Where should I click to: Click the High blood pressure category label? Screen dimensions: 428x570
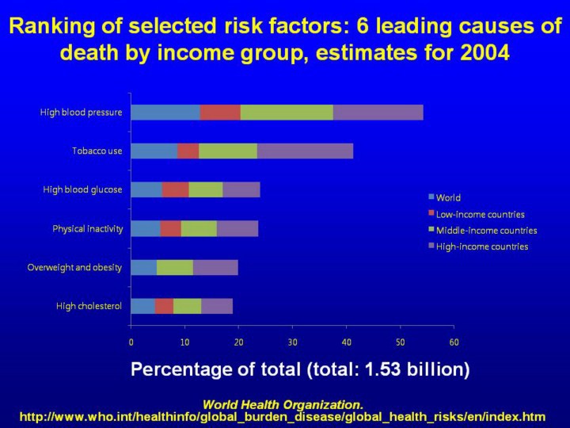click(82, 113)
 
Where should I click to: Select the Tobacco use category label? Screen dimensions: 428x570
click(97, 151)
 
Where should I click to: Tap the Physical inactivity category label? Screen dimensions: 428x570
click(87, 229)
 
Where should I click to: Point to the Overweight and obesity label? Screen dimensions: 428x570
click(74, 267)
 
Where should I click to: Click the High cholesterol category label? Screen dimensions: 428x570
click(89, 306)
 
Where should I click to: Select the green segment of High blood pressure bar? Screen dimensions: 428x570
click(287, 113)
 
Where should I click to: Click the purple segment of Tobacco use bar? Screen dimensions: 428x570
click(305, 151)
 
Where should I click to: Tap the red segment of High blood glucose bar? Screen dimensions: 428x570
click(175, 189)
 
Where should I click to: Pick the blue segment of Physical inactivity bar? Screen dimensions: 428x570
click(145, 229)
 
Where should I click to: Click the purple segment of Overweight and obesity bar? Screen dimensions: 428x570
click(215, 267)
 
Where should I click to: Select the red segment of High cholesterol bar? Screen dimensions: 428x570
click(164, 306)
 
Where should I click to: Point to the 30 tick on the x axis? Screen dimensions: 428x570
click(292, 342)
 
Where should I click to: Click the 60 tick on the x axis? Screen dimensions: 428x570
click(454, 342)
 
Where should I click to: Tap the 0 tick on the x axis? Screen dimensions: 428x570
click(131, 342)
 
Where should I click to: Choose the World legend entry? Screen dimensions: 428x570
click(447, 198)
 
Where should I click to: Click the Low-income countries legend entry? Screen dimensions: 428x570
click(480, 214)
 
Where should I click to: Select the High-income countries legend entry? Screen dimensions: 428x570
click(481, 246)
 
